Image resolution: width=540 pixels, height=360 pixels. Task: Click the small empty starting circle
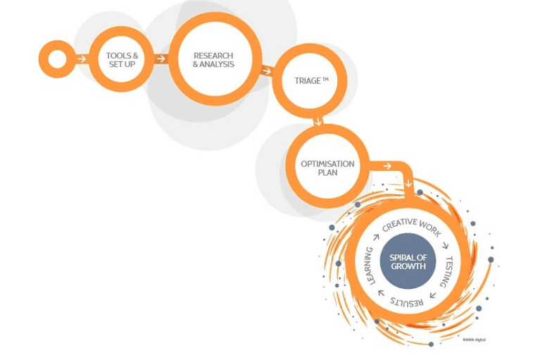[56, 58]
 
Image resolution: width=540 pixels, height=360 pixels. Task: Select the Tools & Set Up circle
[122, 59]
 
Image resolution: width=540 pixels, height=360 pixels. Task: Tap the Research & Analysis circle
[213, 59]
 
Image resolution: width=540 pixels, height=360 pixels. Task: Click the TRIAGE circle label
[310, 81]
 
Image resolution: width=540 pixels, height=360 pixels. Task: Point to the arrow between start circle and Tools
[82, 58]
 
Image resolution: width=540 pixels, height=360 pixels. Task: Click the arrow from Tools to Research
[161, 58]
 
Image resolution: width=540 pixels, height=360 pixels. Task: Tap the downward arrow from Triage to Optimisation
[318, 121]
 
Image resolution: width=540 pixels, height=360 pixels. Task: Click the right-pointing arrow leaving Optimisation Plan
[387, 166]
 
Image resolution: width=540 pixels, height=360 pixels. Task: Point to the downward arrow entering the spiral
[408, 185]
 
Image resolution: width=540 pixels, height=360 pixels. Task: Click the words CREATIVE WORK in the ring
[410, 225]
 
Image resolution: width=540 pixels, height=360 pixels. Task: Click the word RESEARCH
[213, 55]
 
